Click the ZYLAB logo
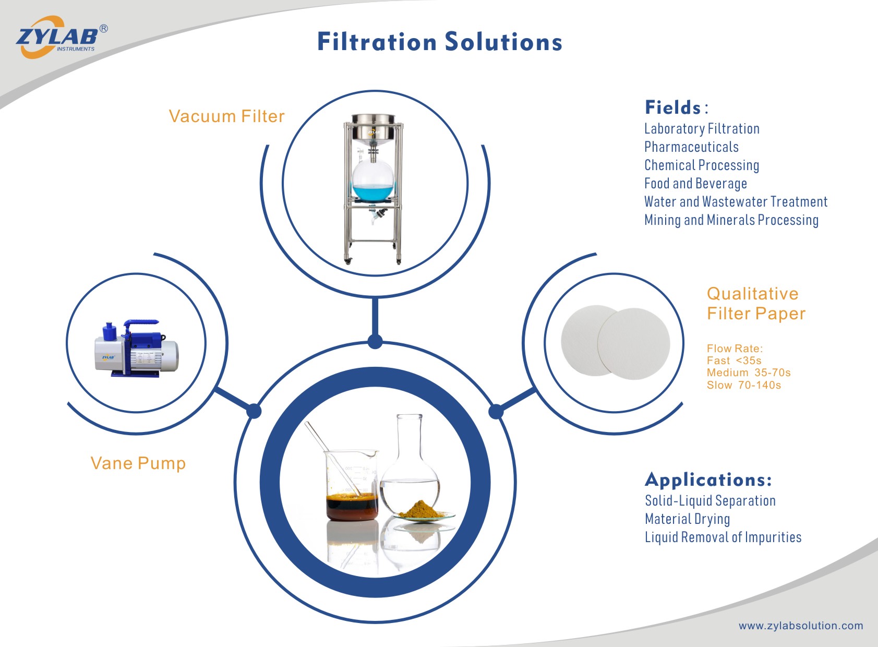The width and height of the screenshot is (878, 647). [x=62, y=37]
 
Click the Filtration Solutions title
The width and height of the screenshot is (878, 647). [x=440, y=42]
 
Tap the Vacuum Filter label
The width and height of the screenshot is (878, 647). [x=226, y=116]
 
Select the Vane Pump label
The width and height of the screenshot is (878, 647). [x=138, y=463]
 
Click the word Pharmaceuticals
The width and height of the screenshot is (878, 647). [x=691, y=147]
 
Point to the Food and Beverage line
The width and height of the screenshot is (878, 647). [x=696, y=184]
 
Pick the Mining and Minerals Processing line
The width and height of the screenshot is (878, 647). [x=731, y=220]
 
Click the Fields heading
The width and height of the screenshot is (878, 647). [x=677, y=107]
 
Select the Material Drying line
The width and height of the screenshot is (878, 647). [x=688, y=519]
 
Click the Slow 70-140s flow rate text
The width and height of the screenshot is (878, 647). [x=744, y=385]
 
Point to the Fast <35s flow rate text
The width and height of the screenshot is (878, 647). [x=734, y=361]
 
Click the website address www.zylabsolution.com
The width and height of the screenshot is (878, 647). [x=801, y=626]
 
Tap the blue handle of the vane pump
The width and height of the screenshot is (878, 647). [x=141, y=324]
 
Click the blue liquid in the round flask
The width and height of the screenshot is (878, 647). [x=372, y=192]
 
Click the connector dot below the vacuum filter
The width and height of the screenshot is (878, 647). [x=375, y=342]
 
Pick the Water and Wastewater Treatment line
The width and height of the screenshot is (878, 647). [x=736, y=202]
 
